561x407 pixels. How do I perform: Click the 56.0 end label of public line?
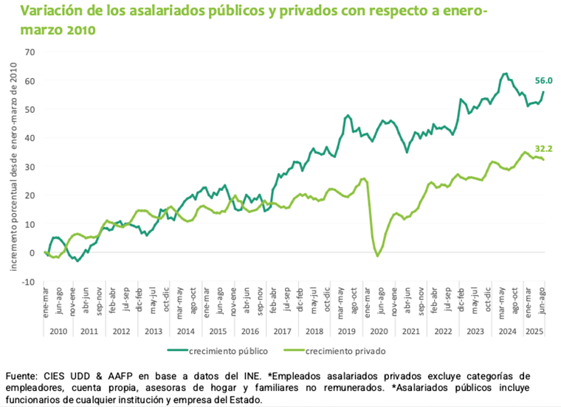point(543,81)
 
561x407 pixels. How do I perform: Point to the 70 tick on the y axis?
point(30,52)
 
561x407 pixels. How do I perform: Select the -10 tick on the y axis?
point(28,282)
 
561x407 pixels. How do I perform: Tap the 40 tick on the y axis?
point(30,138)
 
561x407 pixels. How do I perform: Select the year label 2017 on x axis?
point(283,330)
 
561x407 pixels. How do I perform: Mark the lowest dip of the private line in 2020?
point(377,256)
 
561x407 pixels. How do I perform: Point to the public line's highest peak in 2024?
point(505,74)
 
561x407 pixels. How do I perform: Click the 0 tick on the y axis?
point(32,253)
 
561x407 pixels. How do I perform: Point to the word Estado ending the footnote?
point(243,400)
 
